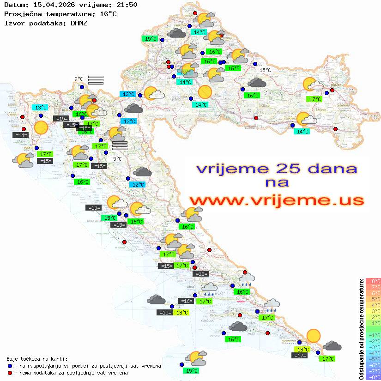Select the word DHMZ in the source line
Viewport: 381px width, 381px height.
(79, 23)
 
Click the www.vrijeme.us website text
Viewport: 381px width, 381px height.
(276, 200)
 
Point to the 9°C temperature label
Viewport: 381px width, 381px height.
(79, 79)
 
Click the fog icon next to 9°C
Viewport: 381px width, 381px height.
(96, 80)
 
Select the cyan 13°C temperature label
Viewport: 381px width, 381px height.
(41, 107)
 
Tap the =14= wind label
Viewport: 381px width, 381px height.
(21, 135)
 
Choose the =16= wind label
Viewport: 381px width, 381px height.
(186, 301)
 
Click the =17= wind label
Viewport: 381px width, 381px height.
(300, 355)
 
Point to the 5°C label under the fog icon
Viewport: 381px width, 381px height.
(117, 158)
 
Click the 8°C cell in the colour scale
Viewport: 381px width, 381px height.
(373, 281)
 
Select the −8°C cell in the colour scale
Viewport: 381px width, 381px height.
(373, 377)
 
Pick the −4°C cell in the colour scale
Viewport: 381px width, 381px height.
(373, 353)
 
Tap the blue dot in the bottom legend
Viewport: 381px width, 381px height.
(10, 365)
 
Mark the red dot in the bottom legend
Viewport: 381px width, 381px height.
(10, 372)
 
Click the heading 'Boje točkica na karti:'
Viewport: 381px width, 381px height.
(37, 358)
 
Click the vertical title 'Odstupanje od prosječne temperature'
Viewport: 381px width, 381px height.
(361, 329)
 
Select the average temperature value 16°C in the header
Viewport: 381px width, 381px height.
(109, 14)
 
